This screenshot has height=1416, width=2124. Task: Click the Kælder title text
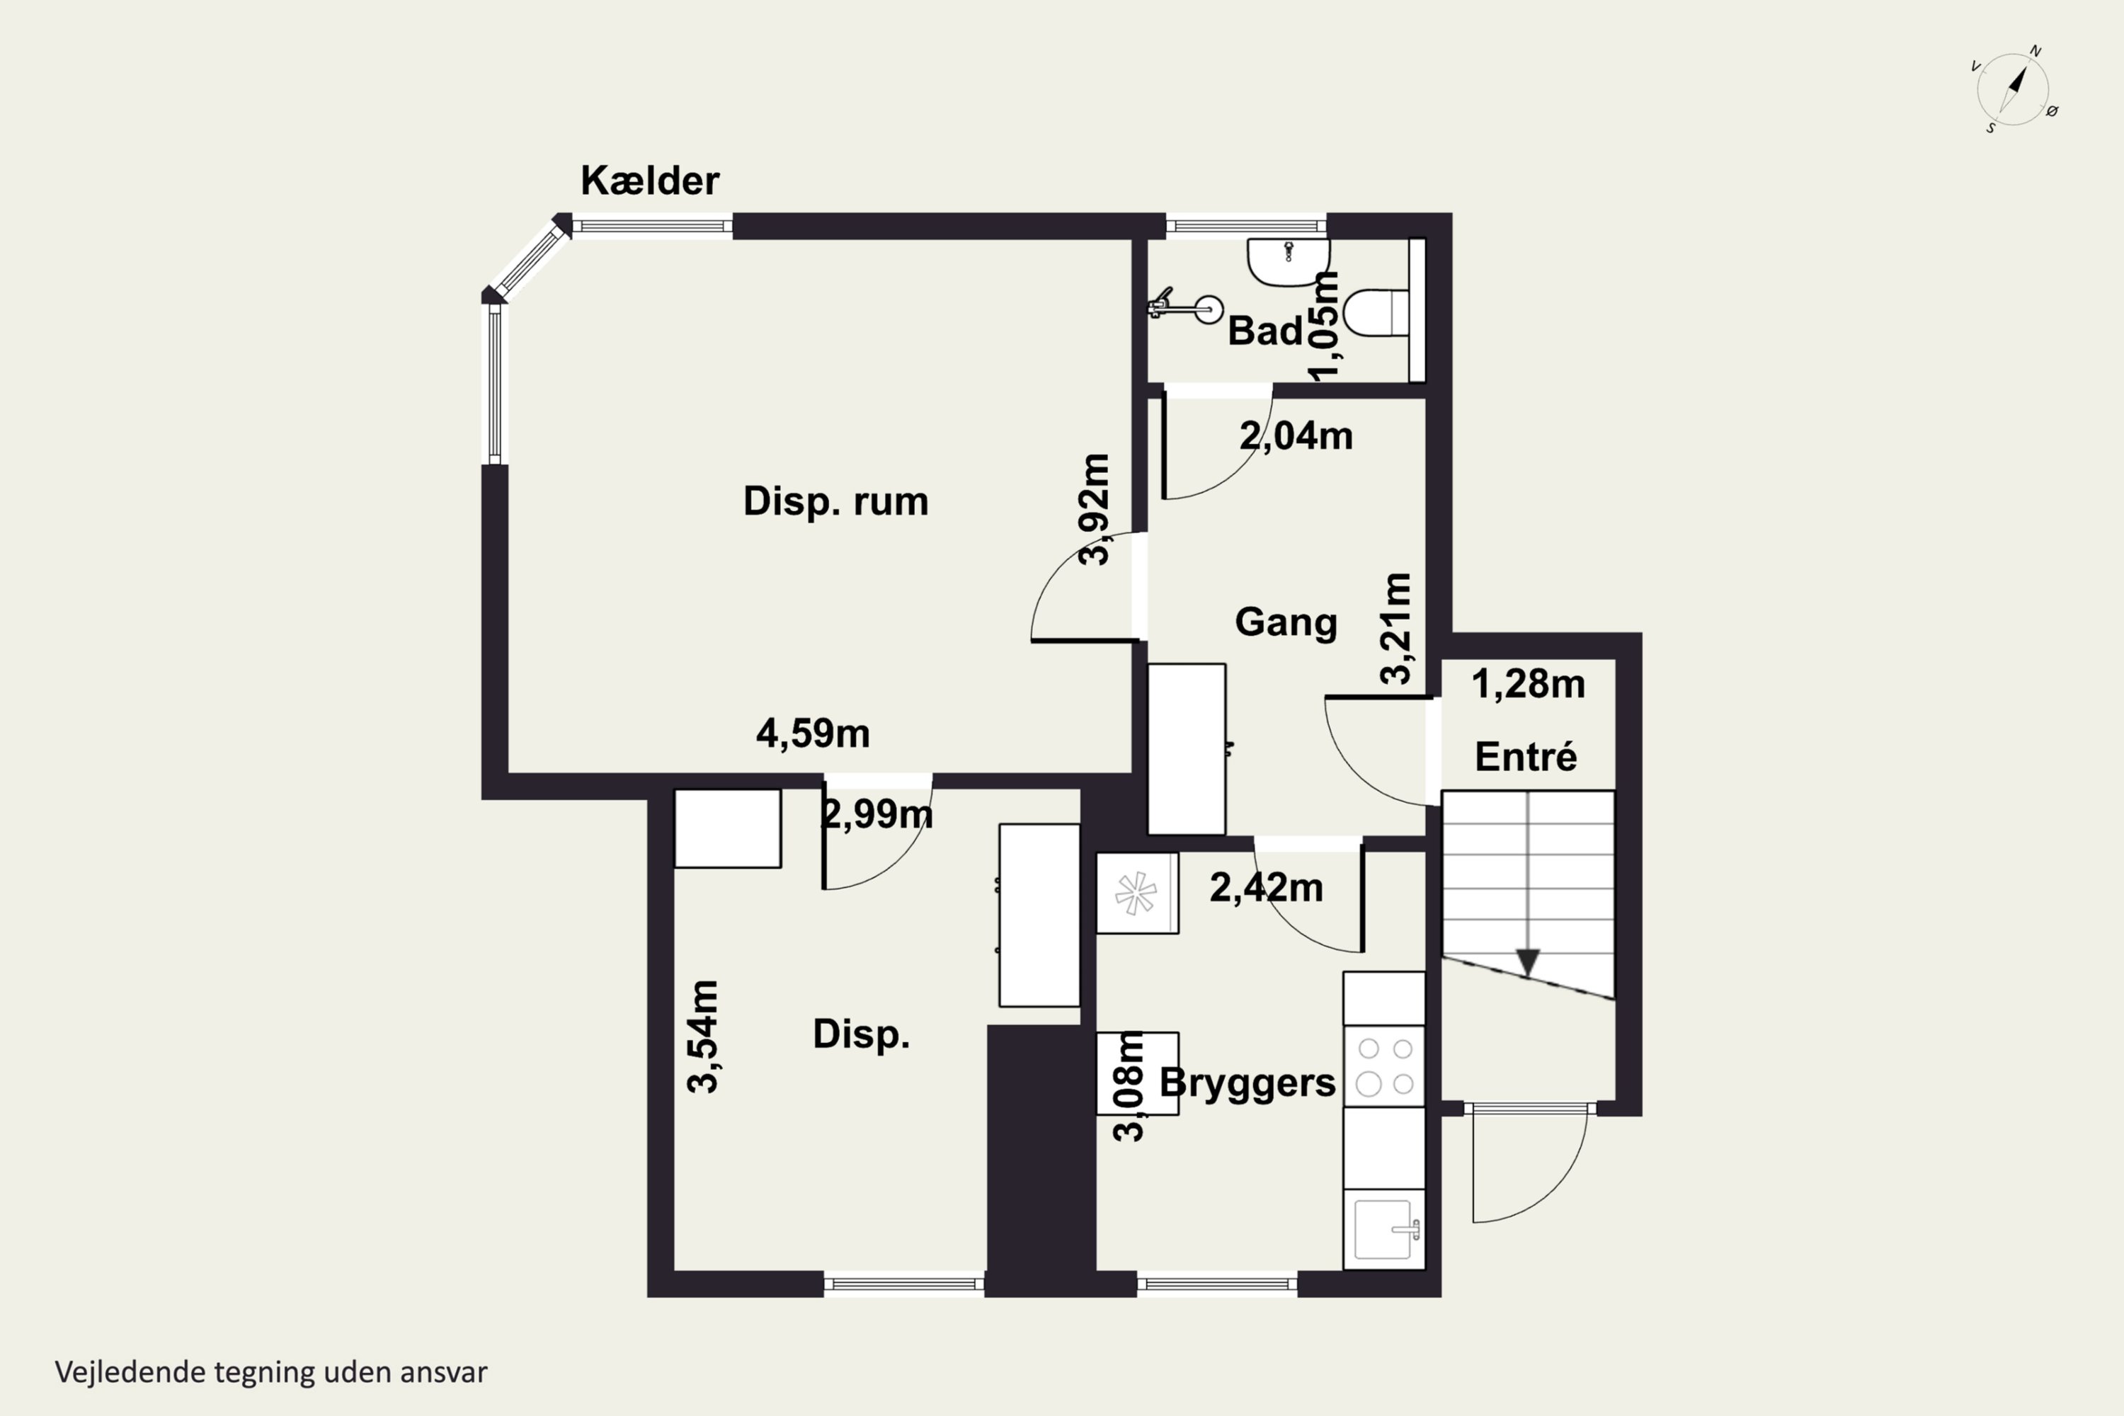click(649, 181)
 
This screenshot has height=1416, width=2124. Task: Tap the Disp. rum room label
click(835, 501)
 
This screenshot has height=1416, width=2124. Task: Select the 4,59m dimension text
click(813, 733)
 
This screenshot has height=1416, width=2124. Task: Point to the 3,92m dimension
click(1095, 509)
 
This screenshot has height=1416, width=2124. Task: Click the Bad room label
click(1264, 331)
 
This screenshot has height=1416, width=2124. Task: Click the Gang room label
click(1286, 622)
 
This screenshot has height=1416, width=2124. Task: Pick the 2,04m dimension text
click(1296, 436)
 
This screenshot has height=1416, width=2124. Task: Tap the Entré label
click(1526, 757)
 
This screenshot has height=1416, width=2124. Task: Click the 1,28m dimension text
click(1528, 685)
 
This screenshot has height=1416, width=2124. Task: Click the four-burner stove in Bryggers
click(1384, 1066)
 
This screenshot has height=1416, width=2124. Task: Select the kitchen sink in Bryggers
click(1383, 1229)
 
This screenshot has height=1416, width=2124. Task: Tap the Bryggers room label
click(1247, 1083)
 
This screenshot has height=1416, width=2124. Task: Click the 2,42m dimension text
click(1266, 889)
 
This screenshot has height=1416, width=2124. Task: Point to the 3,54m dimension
click(702, 1037)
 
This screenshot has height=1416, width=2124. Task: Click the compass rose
click(2013, 88)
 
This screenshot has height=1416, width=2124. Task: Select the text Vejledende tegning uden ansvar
click(271, 1372)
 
